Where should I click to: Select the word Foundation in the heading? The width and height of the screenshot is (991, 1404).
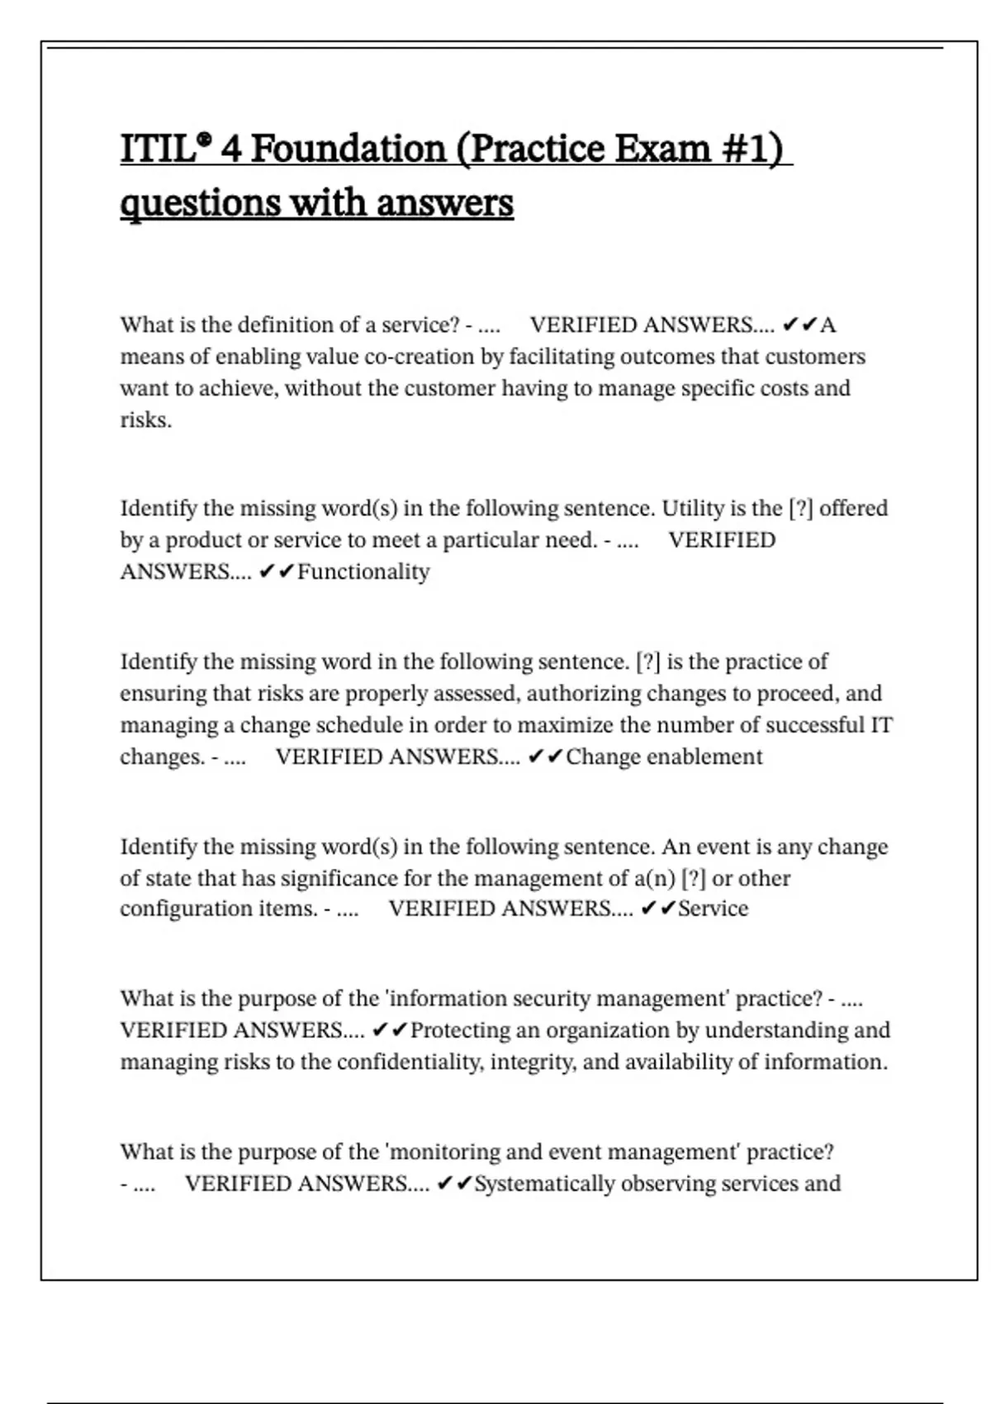point(348,149)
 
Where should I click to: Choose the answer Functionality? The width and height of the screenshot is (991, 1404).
point(363,572)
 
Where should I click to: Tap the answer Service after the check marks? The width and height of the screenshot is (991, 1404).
point(713,908)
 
